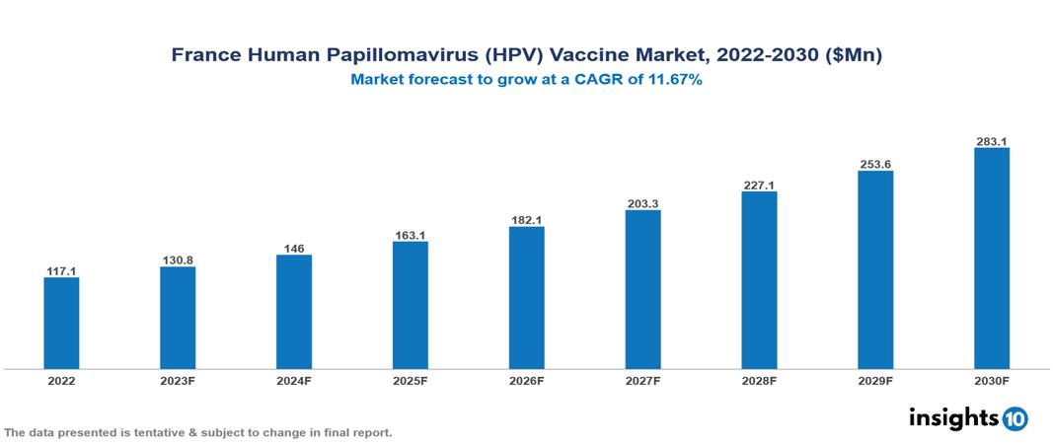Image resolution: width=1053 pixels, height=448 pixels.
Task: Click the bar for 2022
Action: pyautogui.click(x=61, y=323)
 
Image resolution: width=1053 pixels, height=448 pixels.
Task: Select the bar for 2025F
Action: pyautogui.click(x=411, y=305)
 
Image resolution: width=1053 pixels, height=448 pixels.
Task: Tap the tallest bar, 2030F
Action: pyautogui.click(x=992, y=259)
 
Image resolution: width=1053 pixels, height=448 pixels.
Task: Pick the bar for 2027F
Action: pyautogui.click(x=642, y=289)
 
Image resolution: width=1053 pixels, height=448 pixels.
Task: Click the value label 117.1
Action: pyautogui.click(x=61, y=270)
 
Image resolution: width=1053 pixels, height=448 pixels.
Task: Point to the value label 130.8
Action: pyautogui.click(x=178, y=261)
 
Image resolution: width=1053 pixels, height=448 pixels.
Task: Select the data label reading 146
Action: pyautogui.click(x=294, y=249)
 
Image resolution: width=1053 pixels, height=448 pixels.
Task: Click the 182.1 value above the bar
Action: pyautogui.click(x=527, y=220)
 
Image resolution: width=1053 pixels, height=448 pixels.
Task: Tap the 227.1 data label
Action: pyautogui.click(x=759, y=185)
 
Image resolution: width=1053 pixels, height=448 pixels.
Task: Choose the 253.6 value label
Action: pyautogui.click(x=875, y=164)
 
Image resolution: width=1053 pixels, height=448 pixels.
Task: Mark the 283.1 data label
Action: pyautogui.click(x=992, y=141)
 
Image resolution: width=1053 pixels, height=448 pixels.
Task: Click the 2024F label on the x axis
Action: pyautogui.click(x=294, y=380)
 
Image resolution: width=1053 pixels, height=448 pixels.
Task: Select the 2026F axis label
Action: pyautogui.click(x=527, y=380)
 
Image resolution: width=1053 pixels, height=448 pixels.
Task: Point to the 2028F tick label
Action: pyautogui.click(x=759, y=380)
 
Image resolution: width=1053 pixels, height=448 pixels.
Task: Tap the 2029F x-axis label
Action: pyautogui.click(x=875, y=380)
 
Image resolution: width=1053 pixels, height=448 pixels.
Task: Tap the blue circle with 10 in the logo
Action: pyautogui.click(x=1015, y=418)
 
